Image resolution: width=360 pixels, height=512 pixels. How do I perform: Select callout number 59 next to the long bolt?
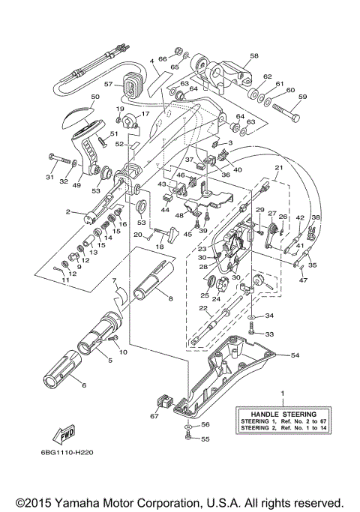(302, 97)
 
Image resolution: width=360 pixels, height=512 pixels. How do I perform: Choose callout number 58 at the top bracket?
(253, 56)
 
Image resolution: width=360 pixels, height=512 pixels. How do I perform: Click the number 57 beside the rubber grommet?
(108, 84)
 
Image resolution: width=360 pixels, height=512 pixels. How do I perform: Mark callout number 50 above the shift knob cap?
(95, 97)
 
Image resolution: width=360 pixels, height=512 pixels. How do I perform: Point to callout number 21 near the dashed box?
(277, 168)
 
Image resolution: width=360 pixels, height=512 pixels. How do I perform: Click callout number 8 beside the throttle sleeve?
(170, 298)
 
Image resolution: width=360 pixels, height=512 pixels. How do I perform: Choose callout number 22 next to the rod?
(203, 308)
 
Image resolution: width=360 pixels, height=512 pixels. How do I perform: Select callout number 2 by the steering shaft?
(67, 212)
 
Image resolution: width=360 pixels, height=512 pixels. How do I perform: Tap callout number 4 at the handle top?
(151, 60)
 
